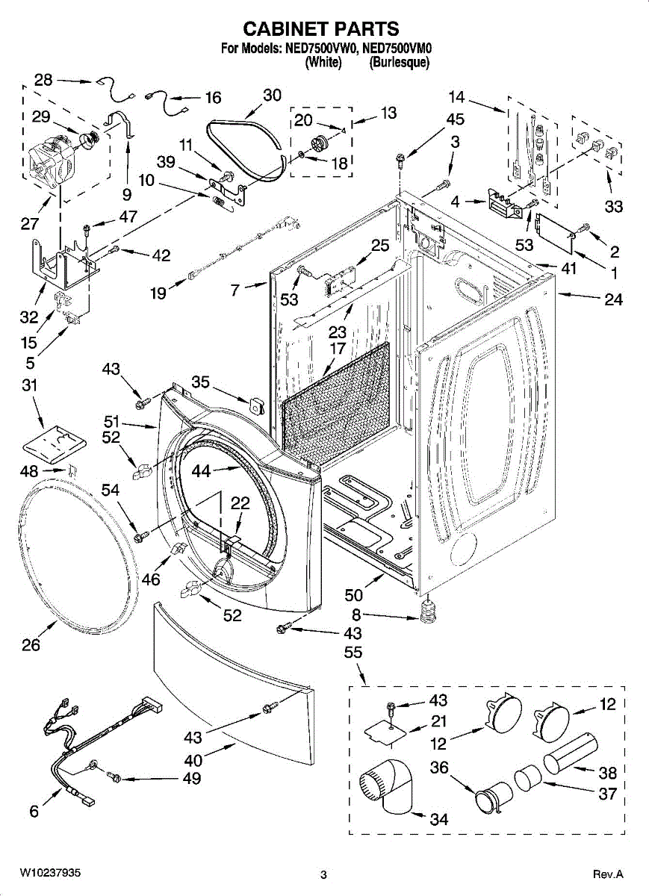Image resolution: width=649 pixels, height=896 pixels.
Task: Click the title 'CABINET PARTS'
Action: [321, 29]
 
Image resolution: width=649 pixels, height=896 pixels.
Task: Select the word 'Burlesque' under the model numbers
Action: [399, 63]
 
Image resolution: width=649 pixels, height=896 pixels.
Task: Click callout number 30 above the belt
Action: [272, 96]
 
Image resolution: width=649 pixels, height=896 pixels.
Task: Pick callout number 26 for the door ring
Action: [31, 644]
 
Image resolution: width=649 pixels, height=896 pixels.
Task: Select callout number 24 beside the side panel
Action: [613, 299]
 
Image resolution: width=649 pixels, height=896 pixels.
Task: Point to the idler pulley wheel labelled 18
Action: [319, 143]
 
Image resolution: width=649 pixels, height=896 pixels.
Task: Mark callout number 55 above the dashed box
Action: [353, 653]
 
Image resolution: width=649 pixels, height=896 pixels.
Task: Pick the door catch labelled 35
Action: [256, 406]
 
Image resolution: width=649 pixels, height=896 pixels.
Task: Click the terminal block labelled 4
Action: [505, 203]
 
